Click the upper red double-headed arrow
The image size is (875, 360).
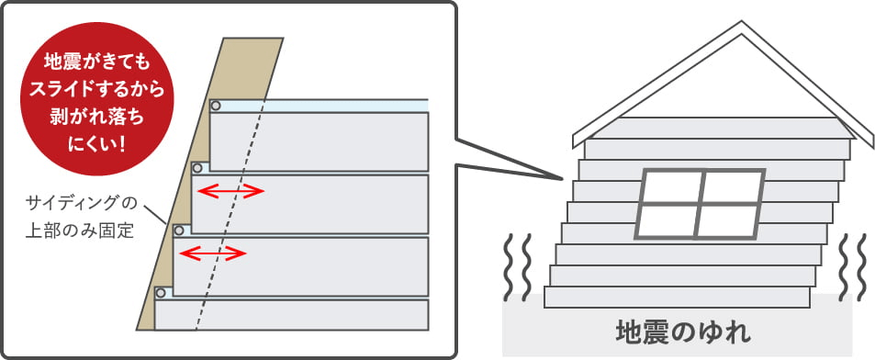pos(231,191)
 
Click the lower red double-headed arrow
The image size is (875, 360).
pos(213,253)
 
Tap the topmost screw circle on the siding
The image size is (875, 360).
pos(216,106)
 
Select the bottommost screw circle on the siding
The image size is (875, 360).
pos(161,292)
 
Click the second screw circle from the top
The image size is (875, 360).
pos(197,168)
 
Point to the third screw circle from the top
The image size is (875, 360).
pos(179,230)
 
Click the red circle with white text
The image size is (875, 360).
pos(97,99)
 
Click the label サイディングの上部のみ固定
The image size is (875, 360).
pos(81,217)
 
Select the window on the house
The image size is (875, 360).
pos(700,204)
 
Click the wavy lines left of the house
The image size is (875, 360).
pos(517,267)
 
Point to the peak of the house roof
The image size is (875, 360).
pos(742,24)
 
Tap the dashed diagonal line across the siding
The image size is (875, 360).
pos(230,215)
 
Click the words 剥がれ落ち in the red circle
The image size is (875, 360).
pos(97,118)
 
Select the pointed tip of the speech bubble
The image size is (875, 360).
pos(560,179)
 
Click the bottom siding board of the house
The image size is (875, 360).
pos(677,297)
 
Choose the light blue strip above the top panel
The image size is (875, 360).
pos(324,106)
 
